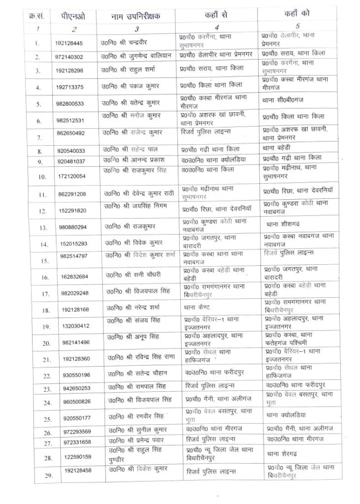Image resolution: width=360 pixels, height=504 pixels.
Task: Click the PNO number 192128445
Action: coord(72,43)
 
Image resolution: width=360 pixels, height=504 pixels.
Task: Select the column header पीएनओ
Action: coord(72,16)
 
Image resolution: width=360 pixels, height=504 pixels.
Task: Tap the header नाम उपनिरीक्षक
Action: coord(135,16)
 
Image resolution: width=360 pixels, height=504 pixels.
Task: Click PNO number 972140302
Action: coord(72,57)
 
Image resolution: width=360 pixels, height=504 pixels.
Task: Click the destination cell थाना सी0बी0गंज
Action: coord(288,103)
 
